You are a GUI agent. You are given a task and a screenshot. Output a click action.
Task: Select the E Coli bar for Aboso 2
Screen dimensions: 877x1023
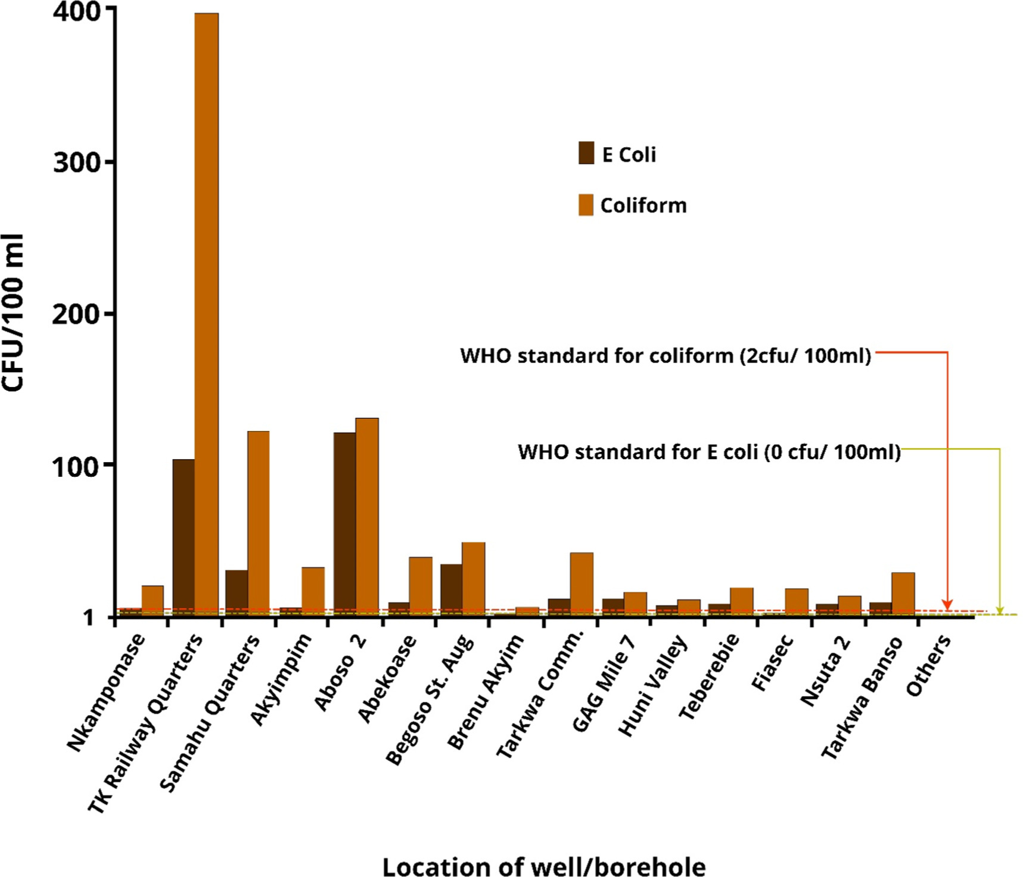coord(344,524)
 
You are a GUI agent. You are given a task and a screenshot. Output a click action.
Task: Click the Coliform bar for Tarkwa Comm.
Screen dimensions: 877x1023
coord(582,583)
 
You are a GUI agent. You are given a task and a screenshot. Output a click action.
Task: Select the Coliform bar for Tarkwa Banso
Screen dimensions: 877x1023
coord(903,593)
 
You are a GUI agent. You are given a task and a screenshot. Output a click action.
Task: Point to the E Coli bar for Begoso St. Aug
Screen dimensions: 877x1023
coord(452,589)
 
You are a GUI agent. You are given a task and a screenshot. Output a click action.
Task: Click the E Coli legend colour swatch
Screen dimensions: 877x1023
coord(586,153)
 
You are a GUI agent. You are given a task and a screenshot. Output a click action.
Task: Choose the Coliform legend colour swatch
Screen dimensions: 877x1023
coord(586,205)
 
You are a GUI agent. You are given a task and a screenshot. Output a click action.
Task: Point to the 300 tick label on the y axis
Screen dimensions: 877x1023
coord(76,162)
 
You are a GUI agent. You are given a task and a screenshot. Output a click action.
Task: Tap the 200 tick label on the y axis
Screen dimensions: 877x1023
coord(76,314)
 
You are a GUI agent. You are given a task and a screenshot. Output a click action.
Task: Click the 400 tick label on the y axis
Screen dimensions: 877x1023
coord(76,11)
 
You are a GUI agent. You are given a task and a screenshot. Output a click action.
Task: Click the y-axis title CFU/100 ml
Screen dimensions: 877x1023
coord(13,313)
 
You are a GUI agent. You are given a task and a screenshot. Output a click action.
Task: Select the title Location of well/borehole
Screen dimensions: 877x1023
coord(543,866)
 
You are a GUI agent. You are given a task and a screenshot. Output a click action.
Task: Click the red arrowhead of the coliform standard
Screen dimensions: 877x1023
coord(947,606)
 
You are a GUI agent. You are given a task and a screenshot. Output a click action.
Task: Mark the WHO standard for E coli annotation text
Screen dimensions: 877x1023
coord(709,452)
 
